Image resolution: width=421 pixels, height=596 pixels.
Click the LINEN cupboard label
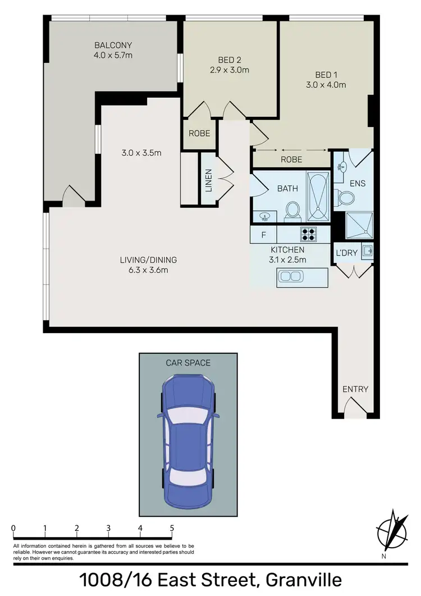[x=208, y=180]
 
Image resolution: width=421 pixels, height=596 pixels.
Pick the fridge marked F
[x=264, y=234]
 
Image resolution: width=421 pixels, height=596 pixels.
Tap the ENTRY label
[x=355, y=389]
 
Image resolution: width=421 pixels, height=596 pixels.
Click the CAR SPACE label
[x=188, y=363]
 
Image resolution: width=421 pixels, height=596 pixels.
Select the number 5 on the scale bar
[x=172, y=527]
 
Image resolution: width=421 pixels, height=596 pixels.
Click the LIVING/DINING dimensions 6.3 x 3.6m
[x=148, y=270]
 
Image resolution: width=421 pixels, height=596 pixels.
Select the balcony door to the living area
[x=73, y=195]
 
